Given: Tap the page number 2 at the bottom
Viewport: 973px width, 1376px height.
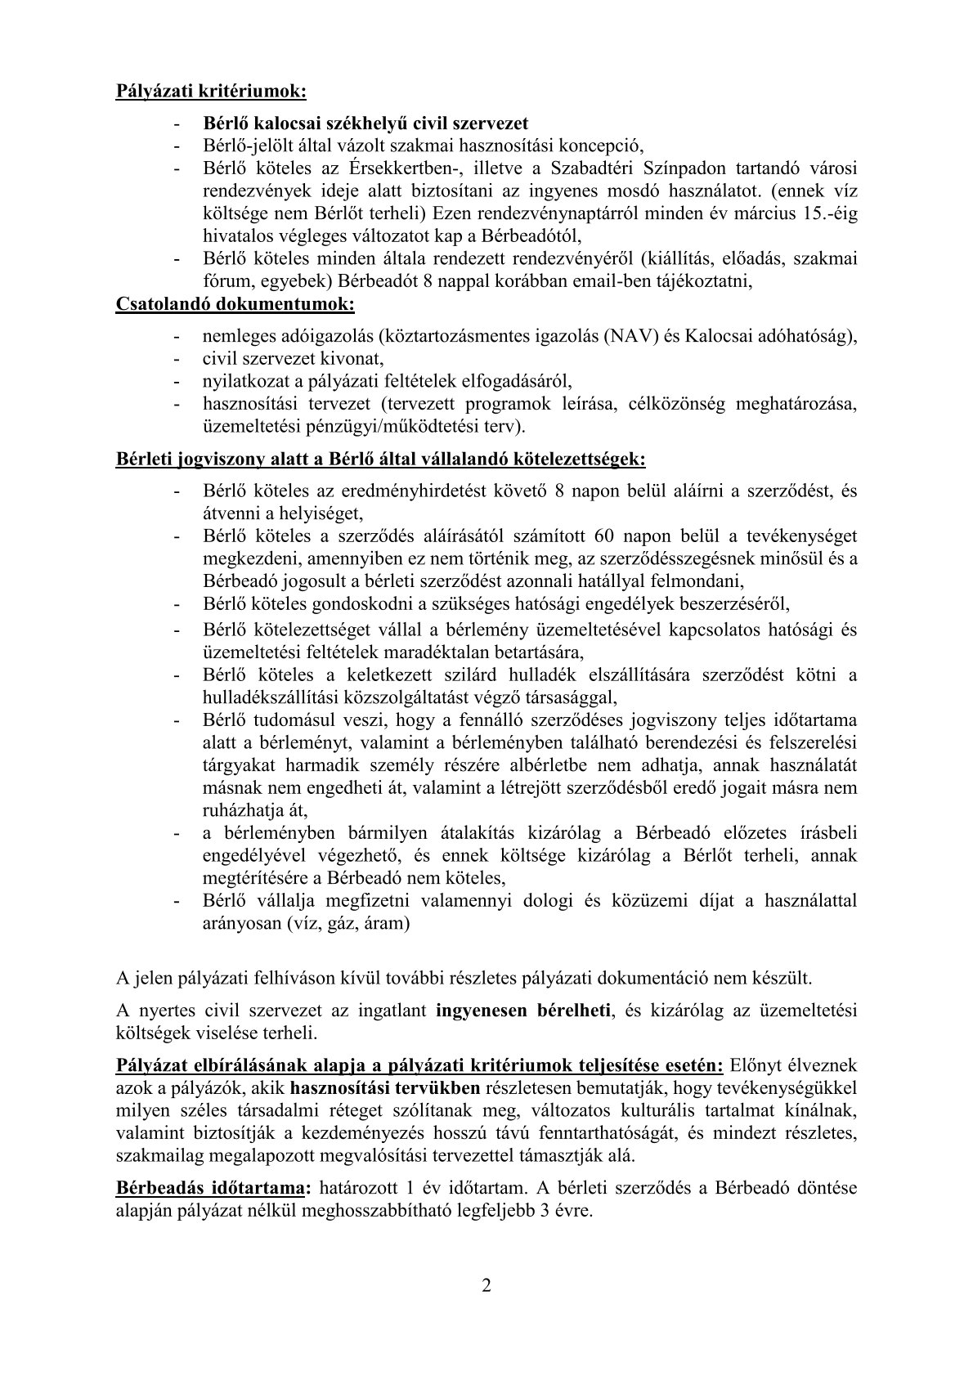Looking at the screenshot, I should (x=486, y=1286).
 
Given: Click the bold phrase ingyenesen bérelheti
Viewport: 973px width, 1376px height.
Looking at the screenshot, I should (x=524, y=1011).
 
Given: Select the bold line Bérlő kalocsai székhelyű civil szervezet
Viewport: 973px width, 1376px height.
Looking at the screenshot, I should (x=365, y=123).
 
